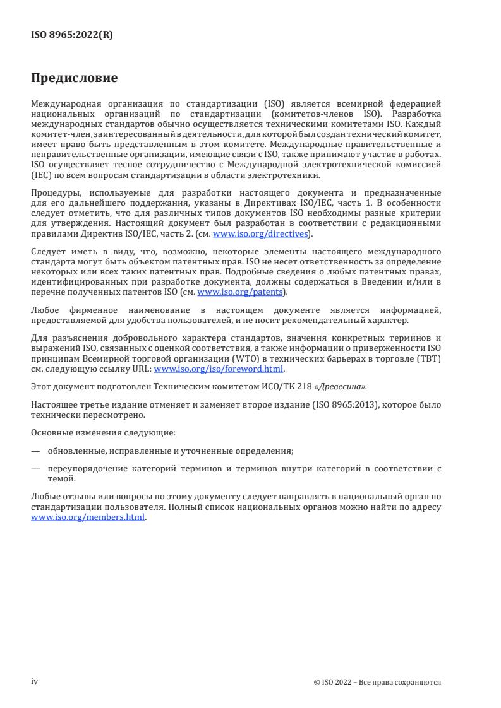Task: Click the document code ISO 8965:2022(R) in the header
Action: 72,36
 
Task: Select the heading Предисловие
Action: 75,79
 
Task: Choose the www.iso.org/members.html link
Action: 88,517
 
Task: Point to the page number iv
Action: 35,681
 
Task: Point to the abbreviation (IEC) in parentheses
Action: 40,176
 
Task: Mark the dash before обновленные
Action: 35,451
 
